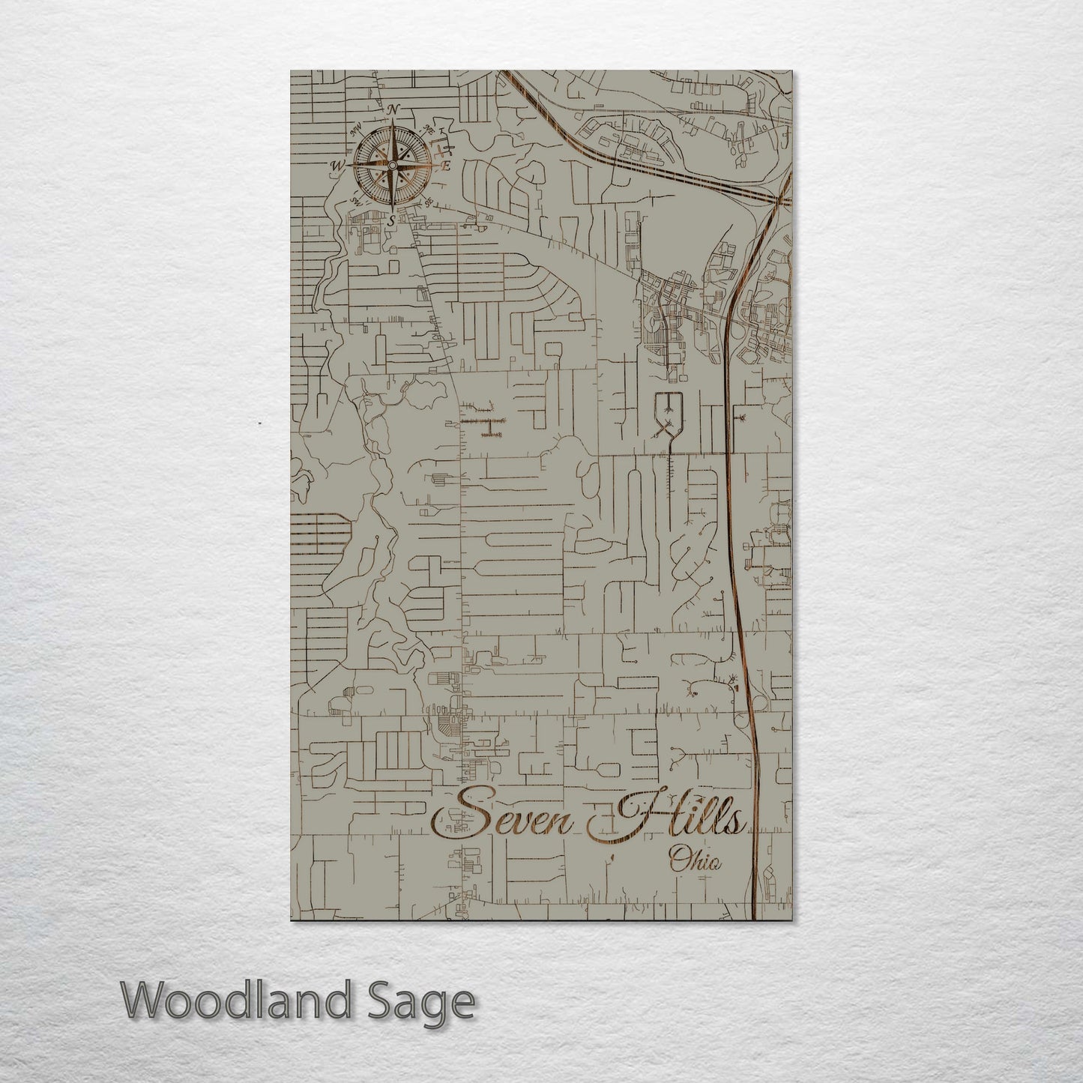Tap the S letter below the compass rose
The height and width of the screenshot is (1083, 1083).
391,220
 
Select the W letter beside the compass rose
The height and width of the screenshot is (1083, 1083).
338,166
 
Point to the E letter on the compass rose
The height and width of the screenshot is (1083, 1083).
445,166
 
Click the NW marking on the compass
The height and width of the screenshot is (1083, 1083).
358,129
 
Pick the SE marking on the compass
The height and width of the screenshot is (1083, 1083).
429,202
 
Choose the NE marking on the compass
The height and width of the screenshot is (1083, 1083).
429,129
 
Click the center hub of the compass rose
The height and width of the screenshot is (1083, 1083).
392,165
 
